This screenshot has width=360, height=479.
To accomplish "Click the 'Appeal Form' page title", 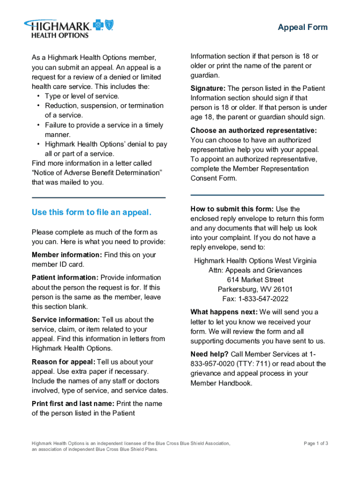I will click(302, 27).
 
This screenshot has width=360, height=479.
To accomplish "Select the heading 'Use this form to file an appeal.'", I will click(92, 212).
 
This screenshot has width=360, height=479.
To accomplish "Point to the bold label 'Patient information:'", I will click(65, 278).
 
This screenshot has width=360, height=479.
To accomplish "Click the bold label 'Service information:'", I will click(65, 319).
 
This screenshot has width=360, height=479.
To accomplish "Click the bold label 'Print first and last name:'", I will click(73, 403).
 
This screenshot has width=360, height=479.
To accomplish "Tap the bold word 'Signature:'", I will click(208, 88).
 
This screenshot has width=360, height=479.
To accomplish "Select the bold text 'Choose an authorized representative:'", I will click(254, 131).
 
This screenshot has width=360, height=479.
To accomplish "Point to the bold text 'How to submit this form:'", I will click(232, 209).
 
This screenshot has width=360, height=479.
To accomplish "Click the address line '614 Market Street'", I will click(255, 280).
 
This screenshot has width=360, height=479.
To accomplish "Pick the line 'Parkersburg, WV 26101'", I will click(255, 289).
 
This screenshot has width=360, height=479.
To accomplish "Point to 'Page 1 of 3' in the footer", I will click(316, 443).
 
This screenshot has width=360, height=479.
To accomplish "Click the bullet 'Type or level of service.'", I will click(82, 96).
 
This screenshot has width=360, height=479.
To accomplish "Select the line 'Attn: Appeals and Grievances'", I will click(255, 270).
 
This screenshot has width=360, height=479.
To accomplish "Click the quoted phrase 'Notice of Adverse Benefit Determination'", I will click(97, 173).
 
